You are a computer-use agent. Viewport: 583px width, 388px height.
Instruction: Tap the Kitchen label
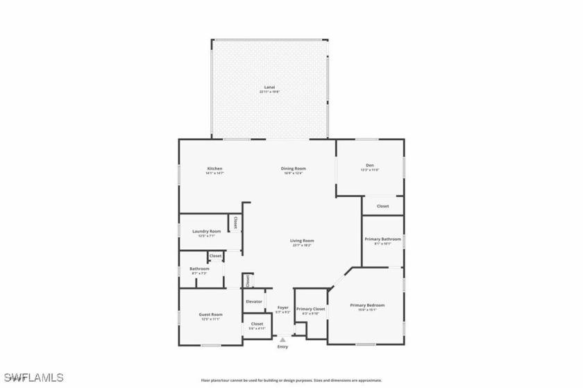214,169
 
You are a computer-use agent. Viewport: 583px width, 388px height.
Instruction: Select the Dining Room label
294,169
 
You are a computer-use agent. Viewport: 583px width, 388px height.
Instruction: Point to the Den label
370,165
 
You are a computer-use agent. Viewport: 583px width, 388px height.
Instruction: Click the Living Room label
302,241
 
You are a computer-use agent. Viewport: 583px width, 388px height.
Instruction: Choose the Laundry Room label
207,231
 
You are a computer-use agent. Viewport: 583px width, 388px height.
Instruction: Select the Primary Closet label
310,309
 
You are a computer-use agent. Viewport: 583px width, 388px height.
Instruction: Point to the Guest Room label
211,314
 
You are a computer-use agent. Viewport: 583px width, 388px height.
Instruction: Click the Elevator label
253,301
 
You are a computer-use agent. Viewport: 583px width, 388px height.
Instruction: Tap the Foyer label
282,307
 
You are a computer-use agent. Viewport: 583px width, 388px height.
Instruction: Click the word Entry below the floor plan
282,347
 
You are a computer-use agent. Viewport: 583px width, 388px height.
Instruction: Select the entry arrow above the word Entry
282,339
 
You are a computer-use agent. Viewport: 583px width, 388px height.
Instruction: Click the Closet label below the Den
383,206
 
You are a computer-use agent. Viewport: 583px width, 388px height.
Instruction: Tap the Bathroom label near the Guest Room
200,269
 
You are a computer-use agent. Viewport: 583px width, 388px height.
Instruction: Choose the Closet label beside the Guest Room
257,323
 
